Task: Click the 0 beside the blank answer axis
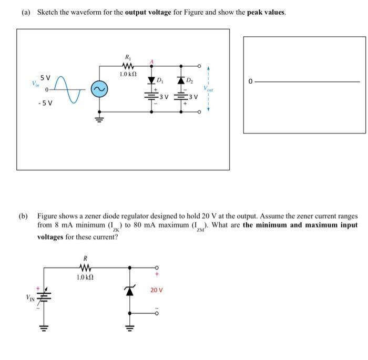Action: point(251,81)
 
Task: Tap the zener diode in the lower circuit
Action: point(127,291)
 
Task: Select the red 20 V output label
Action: point(157,290)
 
